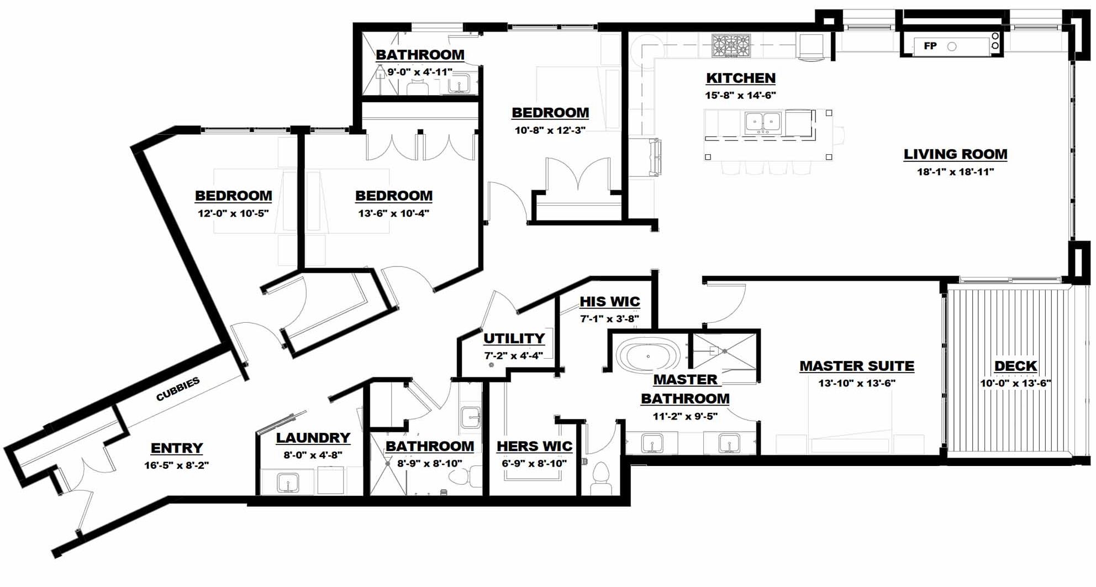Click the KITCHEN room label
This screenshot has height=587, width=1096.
tap(740, 78)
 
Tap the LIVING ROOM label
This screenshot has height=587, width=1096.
tap(955, 154)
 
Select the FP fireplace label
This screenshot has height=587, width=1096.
tap(930, 46)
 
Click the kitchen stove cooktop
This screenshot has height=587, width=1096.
tap(731, 46)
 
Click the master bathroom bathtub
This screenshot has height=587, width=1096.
tap(648, 355)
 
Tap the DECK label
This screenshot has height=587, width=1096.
tap(1015, 366)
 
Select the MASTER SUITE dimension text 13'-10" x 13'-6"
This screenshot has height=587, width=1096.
tap(856, 383)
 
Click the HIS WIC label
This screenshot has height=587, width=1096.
tap(609, 302)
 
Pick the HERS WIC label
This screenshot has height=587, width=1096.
tap(534, 446)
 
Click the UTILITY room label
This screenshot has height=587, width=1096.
tap(514, 338)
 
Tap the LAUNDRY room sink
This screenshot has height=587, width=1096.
tap(287, 483)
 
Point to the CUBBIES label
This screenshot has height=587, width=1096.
tap(178, 389)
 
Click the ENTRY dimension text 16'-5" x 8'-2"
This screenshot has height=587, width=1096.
tap(176, 465)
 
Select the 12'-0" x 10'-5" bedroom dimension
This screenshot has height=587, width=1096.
tap(233, 213)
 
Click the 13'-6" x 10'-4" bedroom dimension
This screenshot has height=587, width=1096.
tap(393, 213)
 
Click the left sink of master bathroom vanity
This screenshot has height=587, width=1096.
tap(652, 443)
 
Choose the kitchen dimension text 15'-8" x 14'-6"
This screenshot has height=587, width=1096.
tap(740, 95)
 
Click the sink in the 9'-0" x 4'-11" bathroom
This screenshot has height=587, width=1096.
tap(459, 84)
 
